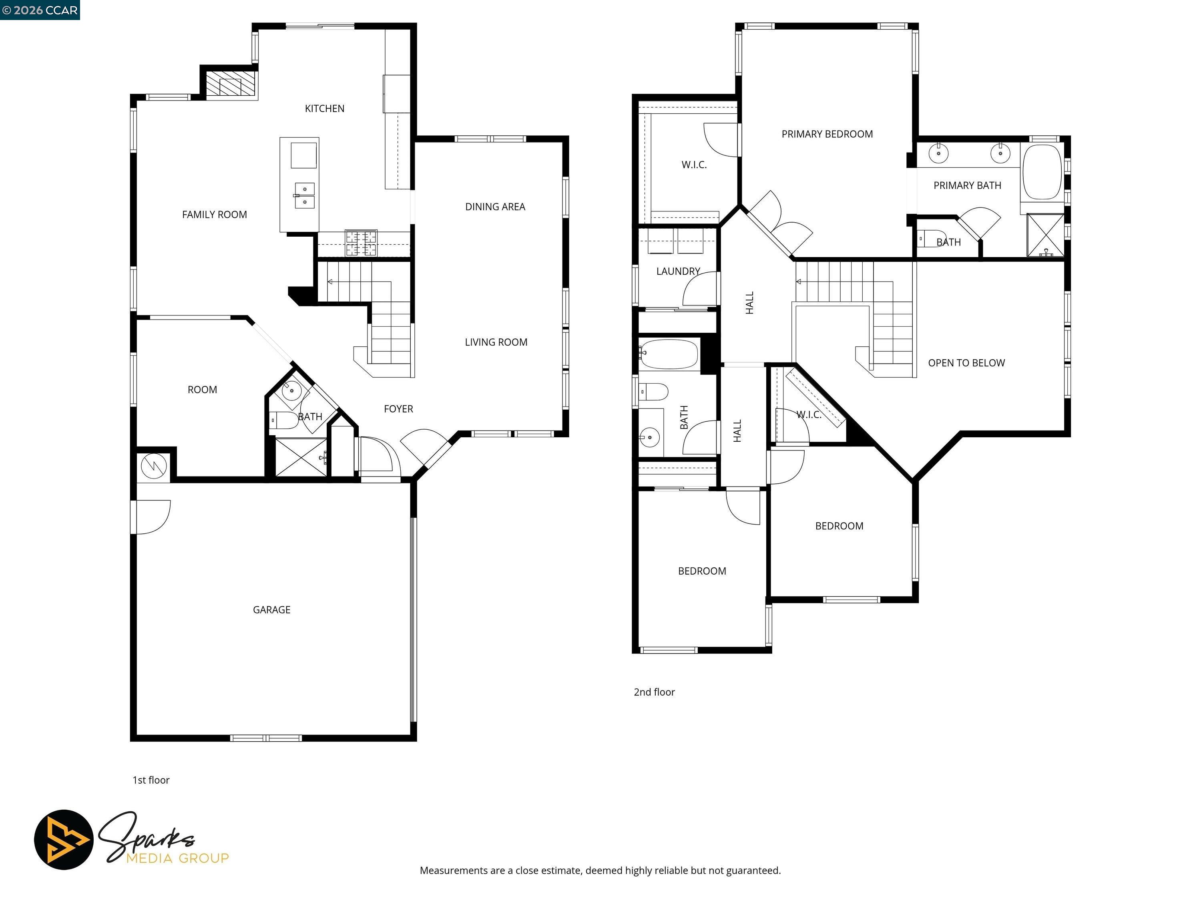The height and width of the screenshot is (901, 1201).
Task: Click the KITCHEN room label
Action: click(x=324, y=109)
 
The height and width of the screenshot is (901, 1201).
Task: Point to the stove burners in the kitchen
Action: click(x=361, y=243)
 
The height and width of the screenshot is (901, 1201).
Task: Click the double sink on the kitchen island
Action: click(x=305, y=195)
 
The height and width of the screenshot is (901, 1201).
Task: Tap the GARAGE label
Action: click(x=271, y=610)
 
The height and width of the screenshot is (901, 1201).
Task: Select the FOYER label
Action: click(x=398, y=409)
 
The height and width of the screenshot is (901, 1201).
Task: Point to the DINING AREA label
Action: click(x=495, y=207)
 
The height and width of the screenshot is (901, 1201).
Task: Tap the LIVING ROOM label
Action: click(x=496, y=342)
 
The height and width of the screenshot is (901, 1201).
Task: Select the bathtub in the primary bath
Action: click(x=1041, y=172)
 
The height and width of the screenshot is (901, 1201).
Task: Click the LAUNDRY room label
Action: click(x=678, y=272)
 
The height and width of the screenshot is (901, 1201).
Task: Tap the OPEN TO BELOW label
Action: click(x=966, y=363)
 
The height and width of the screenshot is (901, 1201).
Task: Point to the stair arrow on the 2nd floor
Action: click(x=799, y=282)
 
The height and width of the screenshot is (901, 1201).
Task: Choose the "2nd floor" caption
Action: click(x=654, y=692)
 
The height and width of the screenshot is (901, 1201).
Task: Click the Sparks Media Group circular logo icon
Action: click(x=64, y=840)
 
